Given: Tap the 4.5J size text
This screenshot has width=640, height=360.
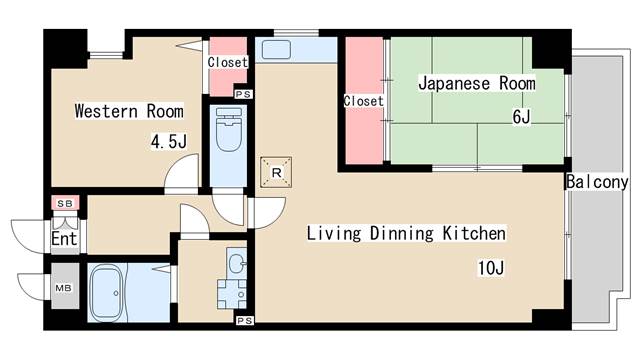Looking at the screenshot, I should tap(168, 143).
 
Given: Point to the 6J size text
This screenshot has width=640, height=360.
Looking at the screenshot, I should tap(521, 117).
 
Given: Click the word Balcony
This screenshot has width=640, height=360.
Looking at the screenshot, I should tap(596, 182).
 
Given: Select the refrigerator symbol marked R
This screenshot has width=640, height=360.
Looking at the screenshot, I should tap(276, 173).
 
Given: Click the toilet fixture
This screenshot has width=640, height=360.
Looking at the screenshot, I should tap(227, 133).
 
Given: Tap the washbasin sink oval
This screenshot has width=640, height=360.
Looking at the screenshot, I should tap(235, 265).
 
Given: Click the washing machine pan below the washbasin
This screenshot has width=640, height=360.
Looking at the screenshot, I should tap(234, 297).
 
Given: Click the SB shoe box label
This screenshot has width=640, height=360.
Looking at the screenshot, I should tap(65, 204).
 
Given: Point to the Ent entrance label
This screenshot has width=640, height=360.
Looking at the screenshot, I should tap(63, 239).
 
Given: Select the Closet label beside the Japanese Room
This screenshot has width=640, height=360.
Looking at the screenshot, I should tap(362, 101).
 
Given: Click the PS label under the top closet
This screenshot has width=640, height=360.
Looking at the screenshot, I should tap(241, 94).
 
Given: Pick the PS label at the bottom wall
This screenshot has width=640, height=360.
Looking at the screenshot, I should tap(243, 320).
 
